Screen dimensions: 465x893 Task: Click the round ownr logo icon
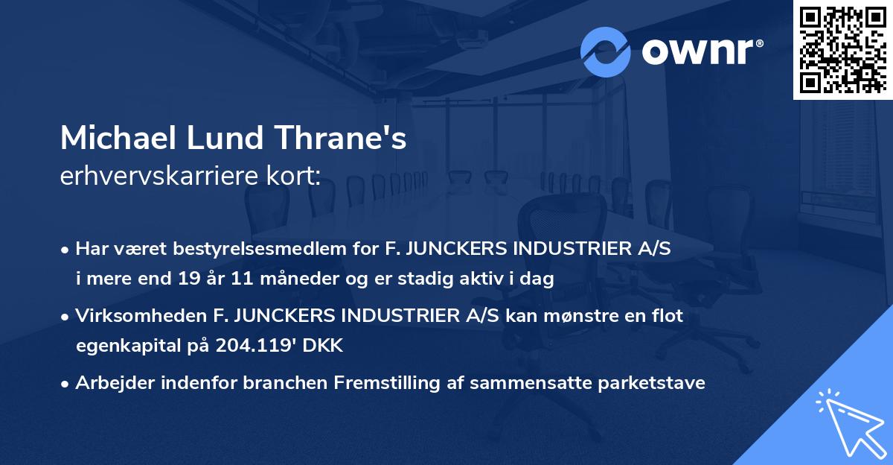[606, 51]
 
